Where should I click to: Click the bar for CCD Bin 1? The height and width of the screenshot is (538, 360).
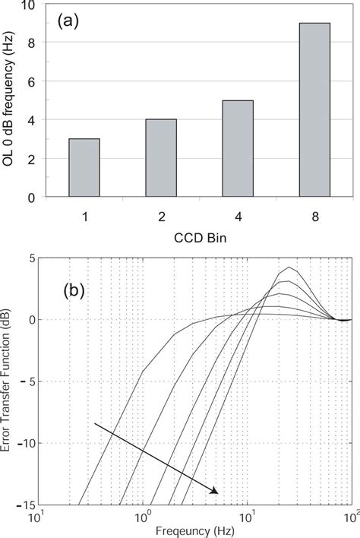click(x=84, y=168)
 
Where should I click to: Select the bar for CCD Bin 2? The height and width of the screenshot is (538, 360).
click(x=160, y=158)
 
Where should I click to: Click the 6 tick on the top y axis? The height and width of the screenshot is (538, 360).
click(x=31, y=81)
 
